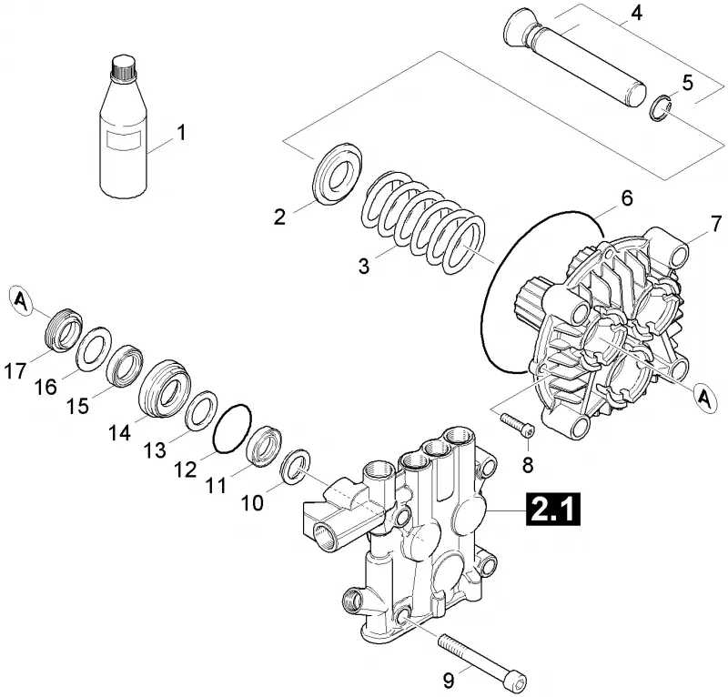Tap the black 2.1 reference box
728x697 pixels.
[x=552, y=510]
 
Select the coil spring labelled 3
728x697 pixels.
[x=423, y=222]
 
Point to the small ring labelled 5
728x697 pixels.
[x=661, y=108]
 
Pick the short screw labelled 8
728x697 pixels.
[x=516, y=425]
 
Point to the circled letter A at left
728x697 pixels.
[x=21, y=301]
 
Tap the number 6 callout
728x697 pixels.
[x=627, y=198]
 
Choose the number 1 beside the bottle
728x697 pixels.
[x=181, y=132]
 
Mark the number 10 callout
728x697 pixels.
[x=253, y=503]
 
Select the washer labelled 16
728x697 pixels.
[x=95, y=349]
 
